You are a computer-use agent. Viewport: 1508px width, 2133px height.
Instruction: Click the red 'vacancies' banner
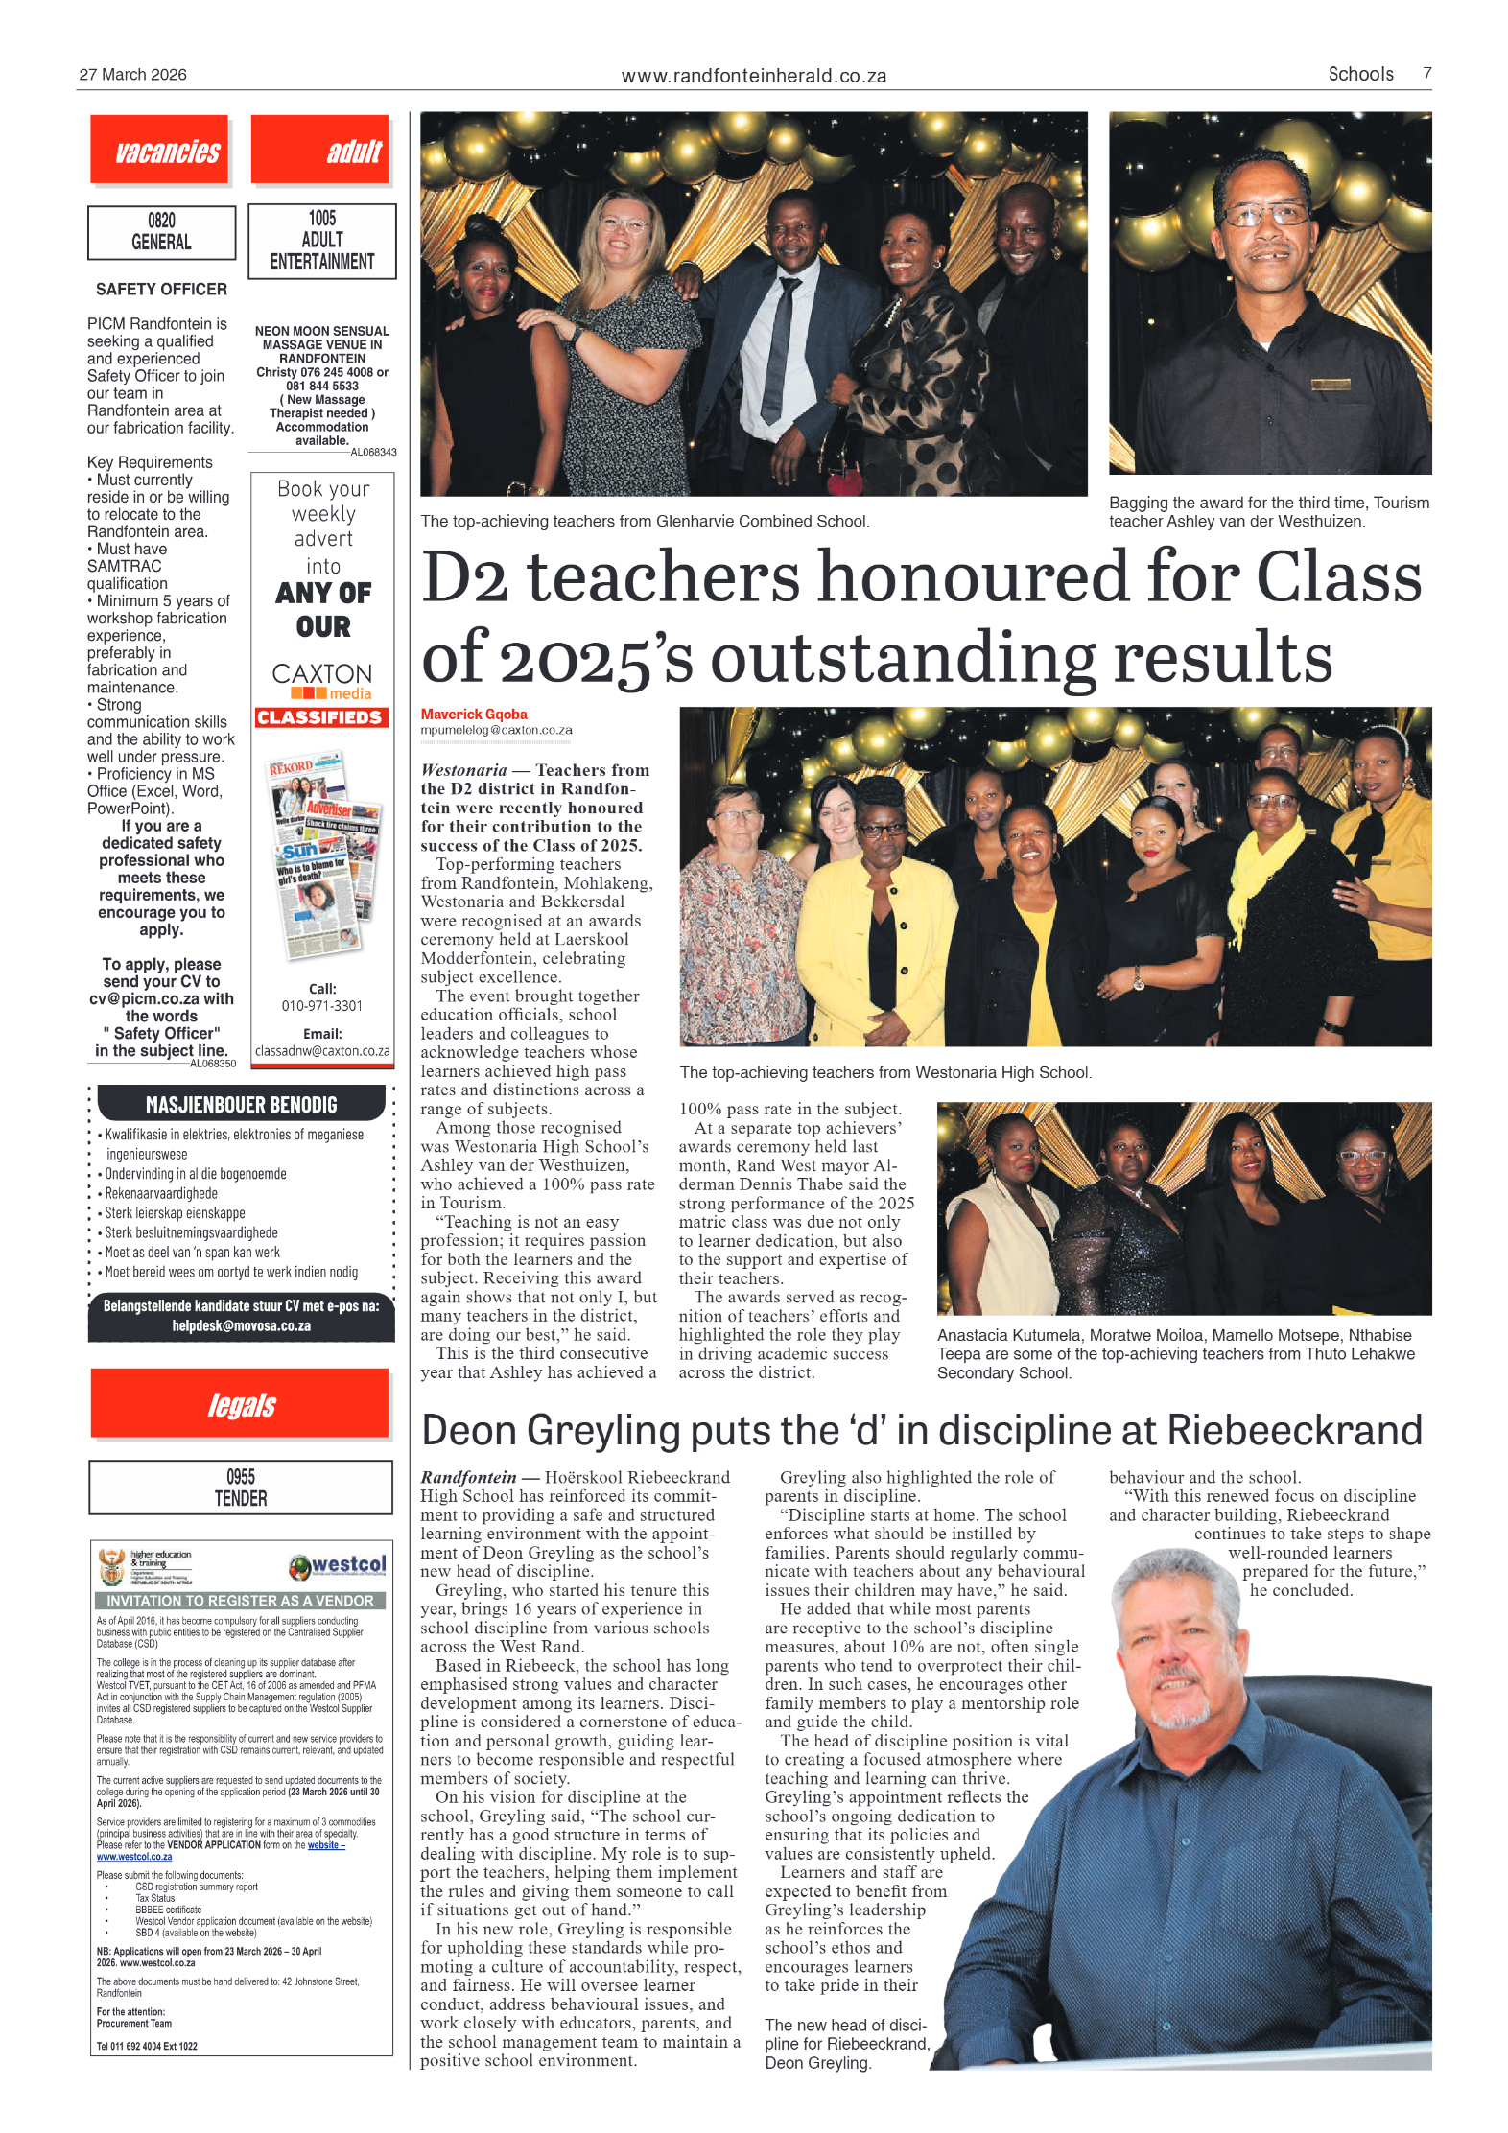(x=159, y=150)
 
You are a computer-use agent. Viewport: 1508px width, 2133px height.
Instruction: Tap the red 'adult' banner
(x=320, y=150)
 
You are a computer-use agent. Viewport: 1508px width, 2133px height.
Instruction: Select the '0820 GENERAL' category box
(x=161, y=232)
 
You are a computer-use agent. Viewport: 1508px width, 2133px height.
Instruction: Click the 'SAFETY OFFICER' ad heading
(x=161, y=289)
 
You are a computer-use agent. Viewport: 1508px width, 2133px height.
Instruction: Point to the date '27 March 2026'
(x=132, y=75)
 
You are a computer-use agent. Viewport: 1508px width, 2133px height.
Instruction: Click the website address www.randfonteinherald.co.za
(x=753, y=76)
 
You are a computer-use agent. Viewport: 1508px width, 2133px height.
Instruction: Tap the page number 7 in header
(x=1426, y=74)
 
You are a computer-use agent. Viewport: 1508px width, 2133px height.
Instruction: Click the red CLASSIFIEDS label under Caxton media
(x=321, y=717)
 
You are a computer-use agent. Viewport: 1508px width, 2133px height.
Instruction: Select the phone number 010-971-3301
(x=321, y=1005)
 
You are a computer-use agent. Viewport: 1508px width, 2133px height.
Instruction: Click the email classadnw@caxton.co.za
(x=322, y=1050)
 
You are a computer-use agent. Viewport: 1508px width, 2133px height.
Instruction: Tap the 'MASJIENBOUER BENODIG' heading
(x=241, y=1105)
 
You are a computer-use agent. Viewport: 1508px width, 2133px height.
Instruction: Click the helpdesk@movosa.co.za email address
(x=241, y=1325)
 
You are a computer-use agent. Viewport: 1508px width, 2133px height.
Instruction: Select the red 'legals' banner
(x=241, y=1405)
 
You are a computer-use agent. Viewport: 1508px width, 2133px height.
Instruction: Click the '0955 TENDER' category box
(x=241, y=1488)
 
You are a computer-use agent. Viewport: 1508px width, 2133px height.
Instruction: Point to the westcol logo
(x=338, y=1565)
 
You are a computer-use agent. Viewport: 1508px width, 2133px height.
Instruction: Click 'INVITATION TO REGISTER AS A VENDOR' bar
(x=240, y=1601)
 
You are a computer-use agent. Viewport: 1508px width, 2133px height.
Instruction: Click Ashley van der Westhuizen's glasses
(x=1267, y=215)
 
